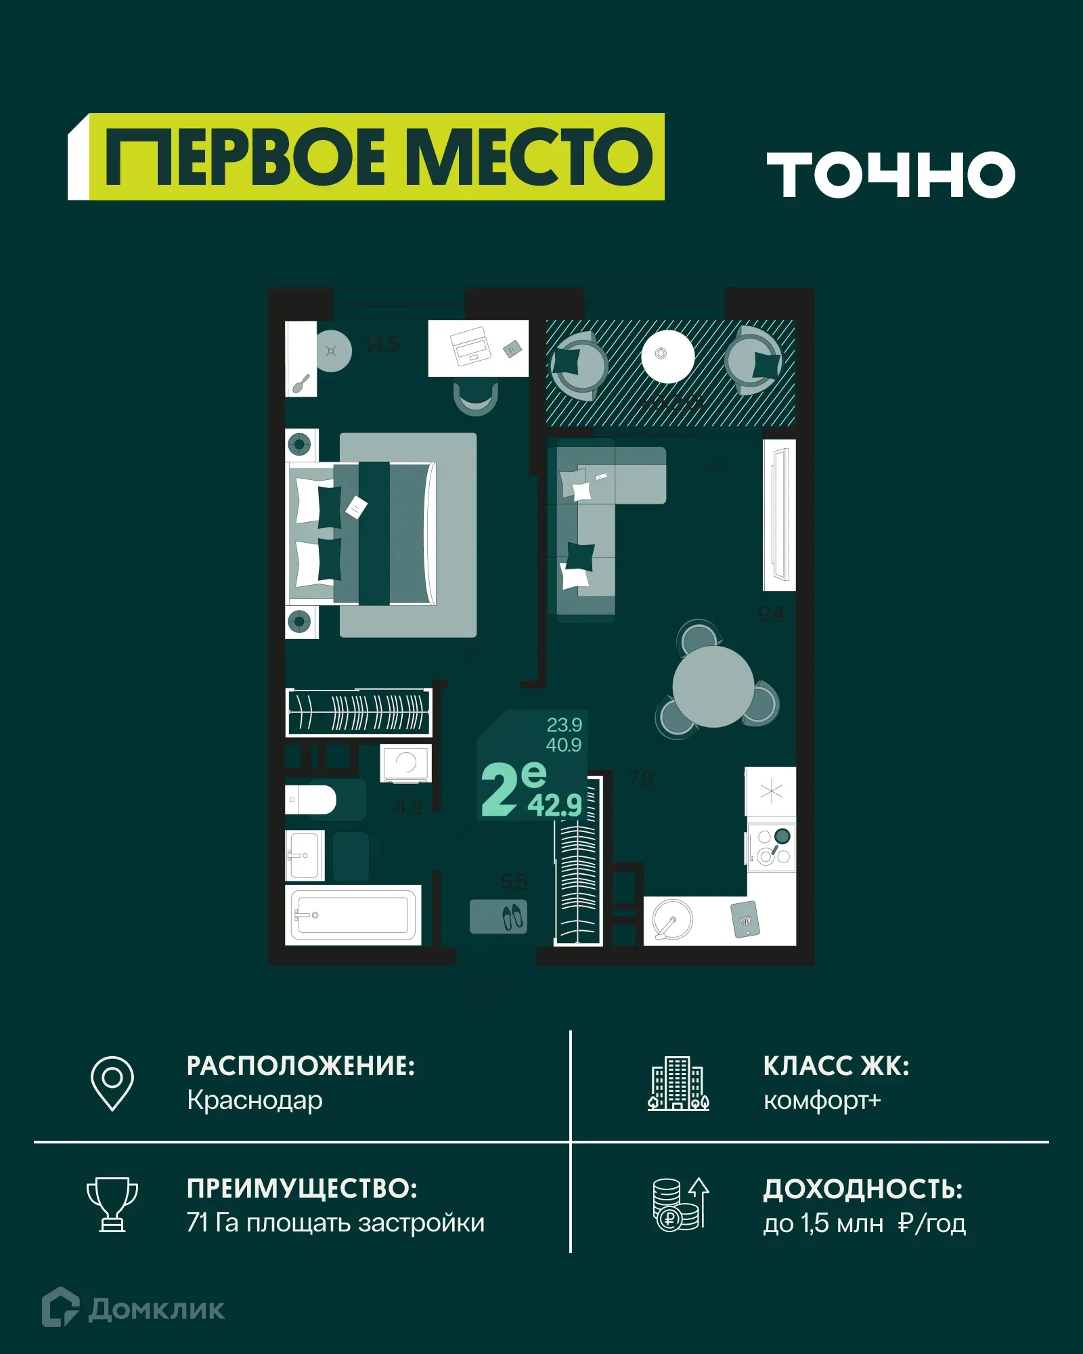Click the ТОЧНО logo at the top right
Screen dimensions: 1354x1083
(x=890, y=175)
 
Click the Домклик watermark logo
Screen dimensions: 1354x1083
(x=133, y=1309)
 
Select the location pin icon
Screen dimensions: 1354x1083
(x=112, y=1083)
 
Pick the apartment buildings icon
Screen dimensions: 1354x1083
(x=678, y=1084)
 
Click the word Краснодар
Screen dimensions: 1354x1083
(x=255, y=1100)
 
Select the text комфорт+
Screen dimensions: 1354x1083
(x=822, y=1101)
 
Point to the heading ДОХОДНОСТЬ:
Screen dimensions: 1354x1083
(x=863, y=1189)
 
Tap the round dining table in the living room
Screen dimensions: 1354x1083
(x=713, y=686)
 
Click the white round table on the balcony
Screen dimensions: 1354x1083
(x=667, y=355)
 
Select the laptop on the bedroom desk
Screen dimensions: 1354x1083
(x=470, y=345)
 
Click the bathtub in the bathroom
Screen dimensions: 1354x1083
(x=353, y=915)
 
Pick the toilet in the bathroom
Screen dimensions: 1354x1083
(x=311, y=800)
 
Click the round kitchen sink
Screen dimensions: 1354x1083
(x=673, y=919)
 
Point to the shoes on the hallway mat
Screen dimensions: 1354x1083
(x=512, y=917)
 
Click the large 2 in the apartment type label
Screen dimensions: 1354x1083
(x=500, y=789)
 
